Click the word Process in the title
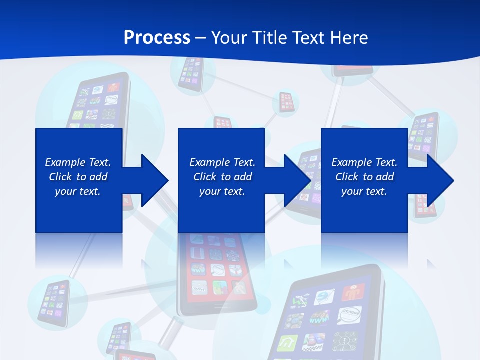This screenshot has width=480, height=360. pos(157,38)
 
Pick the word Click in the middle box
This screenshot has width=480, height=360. pos(205,177)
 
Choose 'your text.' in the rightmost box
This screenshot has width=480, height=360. pos(364,191)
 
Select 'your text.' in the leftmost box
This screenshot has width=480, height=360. pos(78,191)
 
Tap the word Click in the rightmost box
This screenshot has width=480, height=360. pos(347,177)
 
